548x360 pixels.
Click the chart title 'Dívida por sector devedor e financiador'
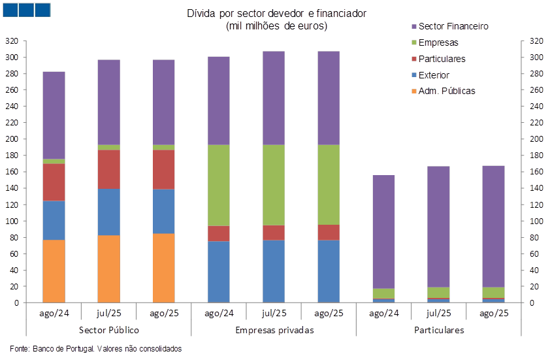[276, 13]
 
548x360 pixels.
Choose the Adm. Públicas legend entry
[448, 91]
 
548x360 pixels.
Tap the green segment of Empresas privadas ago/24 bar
[218, 186]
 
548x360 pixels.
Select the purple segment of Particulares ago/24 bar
[383, 232]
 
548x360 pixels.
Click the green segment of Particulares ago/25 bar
[494, 292]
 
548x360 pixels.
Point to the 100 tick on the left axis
[11, 221]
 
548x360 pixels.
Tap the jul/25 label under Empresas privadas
[274, 314]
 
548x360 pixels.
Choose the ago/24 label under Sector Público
[54, 314]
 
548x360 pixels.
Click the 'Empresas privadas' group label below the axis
[274, 330]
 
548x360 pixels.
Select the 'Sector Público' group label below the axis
[108, 330]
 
